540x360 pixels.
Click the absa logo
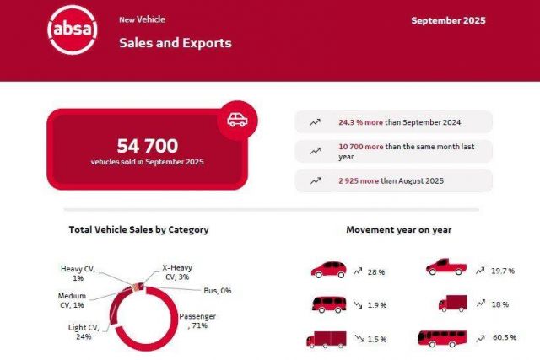pos(73,31)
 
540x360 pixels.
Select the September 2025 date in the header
pos(448,20)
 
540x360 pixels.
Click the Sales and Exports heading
pos(175,42)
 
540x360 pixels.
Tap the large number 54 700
pos(148,145)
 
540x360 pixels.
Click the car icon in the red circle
pos(237,119)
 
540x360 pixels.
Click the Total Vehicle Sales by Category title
pos(138,229)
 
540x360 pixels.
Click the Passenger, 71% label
pos(197,321)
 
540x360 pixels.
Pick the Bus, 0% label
pos(217,291)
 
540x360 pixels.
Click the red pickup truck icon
pos(445,268)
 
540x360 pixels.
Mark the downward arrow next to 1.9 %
pos(358,305)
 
